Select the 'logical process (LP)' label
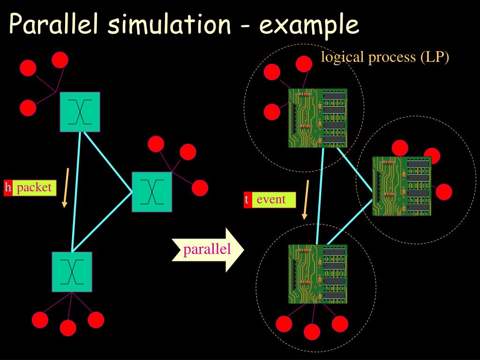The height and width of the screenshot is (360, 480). click(385, 57)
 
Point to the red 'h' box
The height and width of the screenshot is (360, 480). click(8, 188)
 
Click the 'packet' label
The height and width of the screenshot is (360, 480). click(34, 188)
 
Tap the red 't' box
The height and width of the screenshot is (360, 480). click(247, 200)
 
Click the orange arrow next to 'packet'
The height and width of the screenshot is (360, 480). click(66, 187)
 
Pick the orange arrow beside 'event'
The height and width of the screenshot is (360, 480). click(306, 200)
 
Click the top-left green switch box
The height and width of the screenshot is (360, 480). click(80, 112)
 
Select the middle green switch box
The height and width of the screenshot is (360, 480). click(152, 192)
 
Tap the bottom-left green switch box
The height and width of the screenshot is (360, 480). click(72, 272)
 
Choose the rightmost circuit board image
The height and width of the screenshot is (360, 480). click(402, 186)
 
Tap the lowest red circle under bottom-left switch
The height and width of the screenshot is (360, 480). click(68, 328)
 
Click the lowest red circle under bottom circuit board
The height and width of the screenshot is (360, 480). click(312, 332)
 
